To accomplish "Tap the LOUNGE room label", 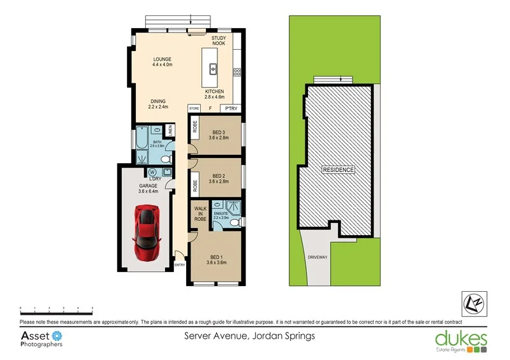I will [x=162, y=62].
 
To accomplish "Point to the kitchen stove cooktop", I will [x=237, y=71].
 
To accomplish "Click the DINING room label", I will [x=159, y=104].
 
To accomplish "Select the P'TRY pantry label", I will [x=230, y=109].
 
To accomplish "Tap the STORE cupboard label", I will [x=194, y=109].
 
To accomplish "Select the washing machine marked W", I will [x=153, y=172].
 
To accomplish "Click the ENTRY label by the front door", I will [x=180, y=265].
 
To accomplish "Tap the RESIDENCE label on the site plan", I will [x=338, y=170].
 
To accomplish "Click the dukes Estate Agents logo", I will [x=461, y=340].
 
